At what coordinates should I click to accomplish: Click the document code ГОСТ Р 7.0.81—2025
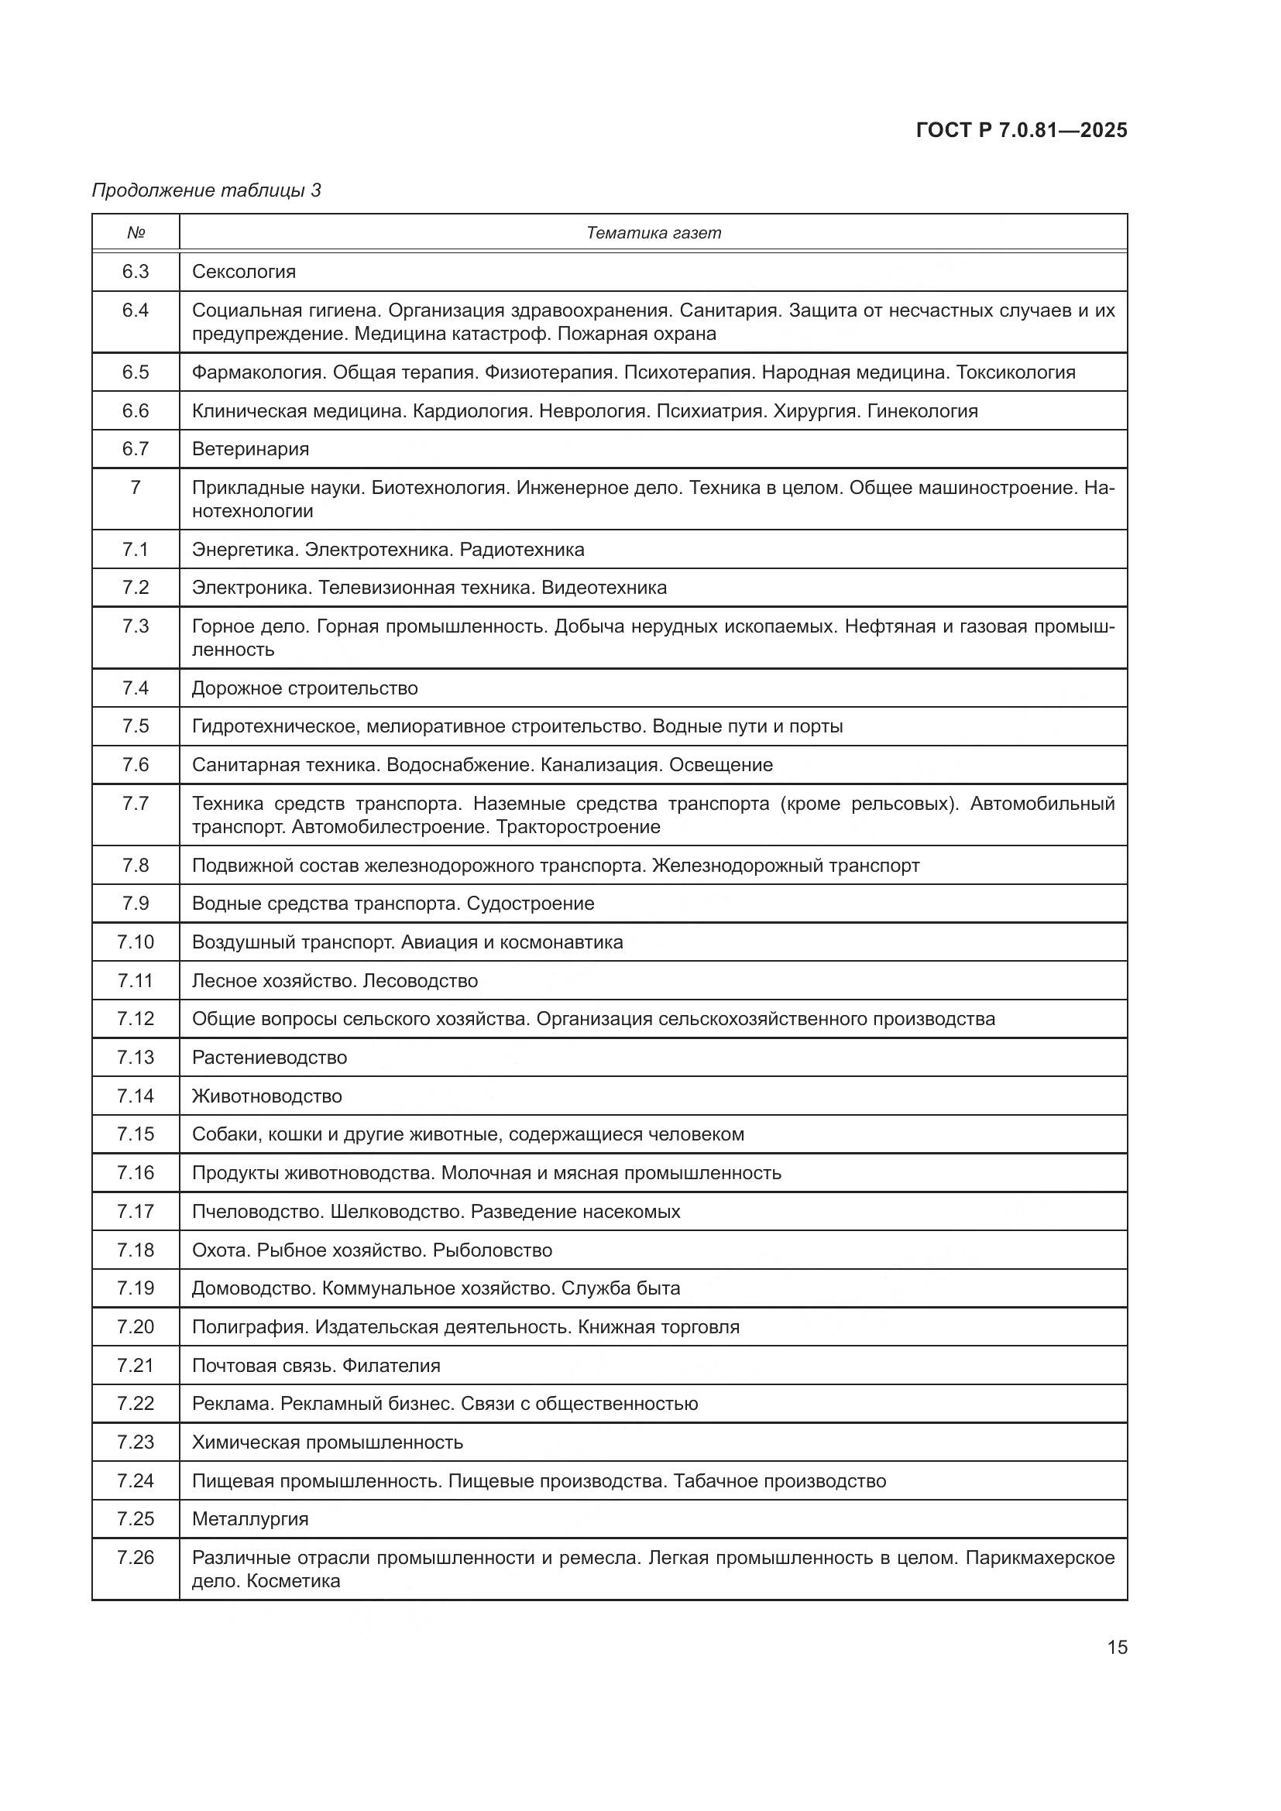pos(1022,131)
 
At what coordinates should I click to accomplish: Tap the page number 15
pos(1117,1647)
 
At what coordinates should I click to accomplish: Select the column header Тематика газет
pos(653,233)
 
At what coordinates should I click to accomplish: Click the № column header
pos(136,233)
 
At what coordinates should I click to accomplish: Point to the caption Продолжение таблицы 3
pos(207,190)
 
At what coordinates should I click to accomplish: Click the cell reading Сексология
pos(244,272)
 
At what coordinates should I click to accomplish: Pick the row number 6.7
pos(136,449)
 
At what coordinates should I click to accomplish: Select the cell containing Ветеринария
pos(250,450)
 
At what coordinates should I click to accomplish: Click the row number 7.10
pos(136,942)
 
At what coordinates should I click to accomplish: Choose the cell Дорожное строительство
pos(304,688)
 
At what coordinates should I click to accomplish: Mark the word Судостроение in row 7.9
pos(530,904)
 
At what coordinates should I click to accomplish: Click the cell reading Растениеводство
pos(269,1058)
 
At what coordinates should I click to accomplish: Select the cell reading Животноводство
pos(266,1096)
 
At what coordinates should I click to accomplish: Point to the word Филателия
pos(392,1365)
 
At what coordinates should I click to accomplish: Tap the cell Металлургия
pos(250,1519)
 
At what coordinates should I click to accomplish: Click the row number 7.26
pos(136,1558)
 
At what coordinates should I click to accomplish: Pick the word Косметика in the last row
pos(293,1581)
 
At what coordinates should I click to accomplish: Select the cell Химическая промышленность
pos(328,1442)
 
